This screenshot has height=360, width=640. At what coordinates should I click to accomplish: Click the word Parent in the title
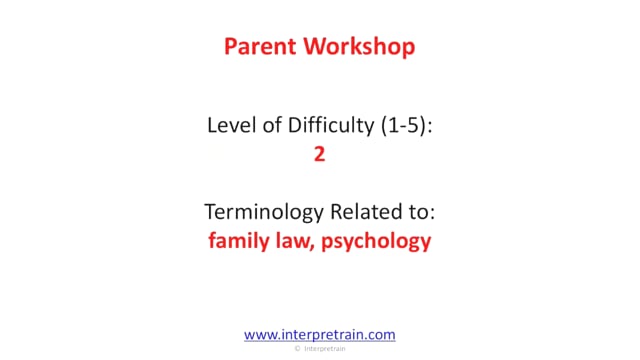coord(260,46)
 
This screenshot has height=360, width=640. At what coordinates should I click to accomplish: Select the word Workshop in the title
coord(359,47)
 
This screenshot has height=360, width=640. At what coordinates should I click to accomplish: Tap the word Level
coord(232,125)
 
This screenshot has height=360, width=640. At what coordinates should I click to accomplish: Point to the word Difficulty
coord(331,126)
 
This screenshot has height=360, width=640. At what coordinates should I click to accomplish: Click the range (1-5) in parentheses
coord(403,125)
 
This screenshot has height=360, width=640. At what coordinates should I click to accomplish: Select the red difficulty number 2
coord(320,154)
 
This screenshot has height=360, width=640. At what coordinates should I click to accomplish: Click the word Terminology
coord(264,212)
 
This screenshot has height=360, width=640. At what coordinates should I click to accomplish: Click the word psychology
coord(376,241)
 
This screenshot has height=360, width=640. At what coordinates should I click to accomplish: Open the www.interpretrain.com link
coord(320,335)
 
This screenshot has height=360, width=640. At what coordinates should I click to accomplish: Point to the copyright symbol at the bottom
coord(297,349)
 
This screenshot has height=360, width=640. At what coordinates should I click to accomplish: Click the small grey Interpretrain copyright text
coord(324,349)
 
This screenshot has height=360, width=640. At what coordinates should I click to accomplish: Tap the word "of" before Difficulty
coord(272,125)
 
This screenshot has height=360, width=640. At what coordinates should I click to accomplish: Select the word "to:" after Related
coord(420,212)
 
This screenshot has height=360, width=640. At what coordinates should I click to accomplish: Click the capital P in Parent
coord(230,46)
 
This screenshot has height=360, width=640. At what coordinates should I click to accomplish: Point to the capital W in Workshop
coord(315,46)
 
